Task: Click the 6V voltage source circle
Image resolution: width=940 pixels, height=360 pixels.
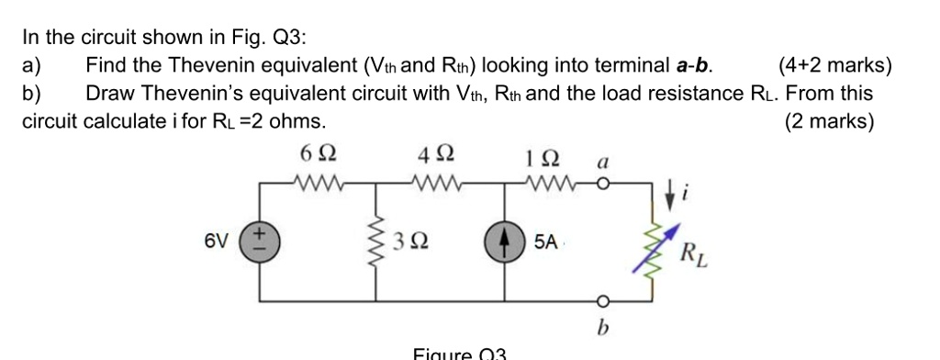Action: point(260,242)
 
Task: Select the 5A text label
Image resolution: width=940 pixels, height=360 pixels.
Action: point(545,242)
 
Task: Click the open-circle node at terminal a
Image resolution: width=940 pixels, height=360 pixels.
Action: point(604,183)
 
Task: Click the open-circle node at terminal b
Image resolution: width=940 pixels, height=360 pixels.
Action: point(604,301)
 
